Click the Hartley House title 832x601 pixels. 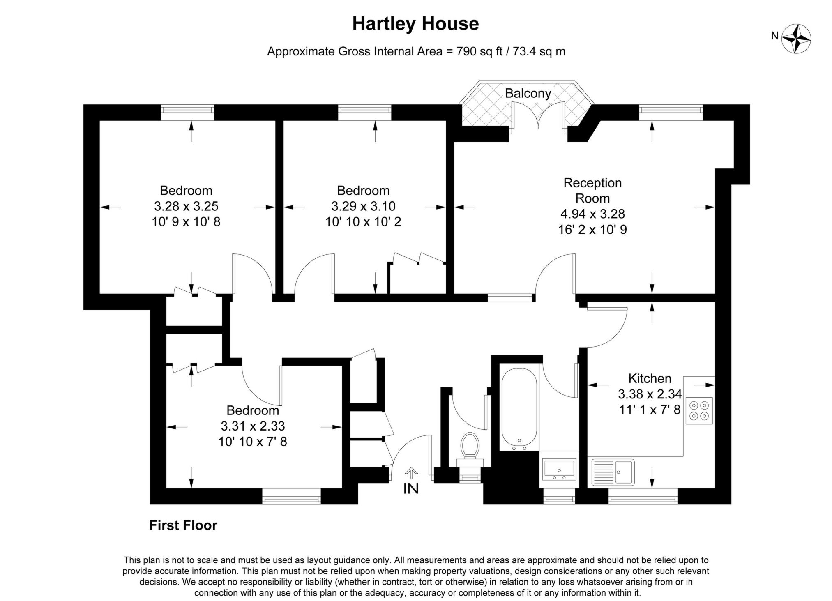point(415,24)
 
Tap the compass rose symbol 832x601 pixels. point(796,39)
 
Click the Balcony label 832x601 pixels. point(528,93)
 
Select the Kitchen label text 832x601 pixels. point(650,378)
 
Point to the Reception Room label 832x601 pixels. point(592,190)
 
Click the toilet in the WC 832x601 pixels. point(470,445)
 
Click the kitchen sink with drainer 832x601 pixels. point(613,472)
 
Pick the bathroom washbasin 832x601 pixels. point(559,469)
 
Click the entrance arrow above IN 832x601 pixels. point(411,472)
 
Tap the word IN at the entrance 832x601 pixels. point(411,488)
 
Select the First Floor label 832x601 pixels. point(183,525)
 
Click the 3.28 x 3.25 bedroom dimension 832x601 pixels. point(186,206)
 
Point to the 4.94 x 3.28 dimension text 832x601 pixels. point(592,214)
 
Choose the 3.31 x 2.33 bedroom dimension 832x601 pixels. point(252,426)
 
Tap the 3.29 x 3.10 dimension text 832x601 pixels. point(363,206)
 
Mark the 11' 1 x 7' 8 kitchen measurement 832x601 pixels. point(650,410)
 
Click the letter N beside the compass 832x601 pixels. point(774,36)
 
